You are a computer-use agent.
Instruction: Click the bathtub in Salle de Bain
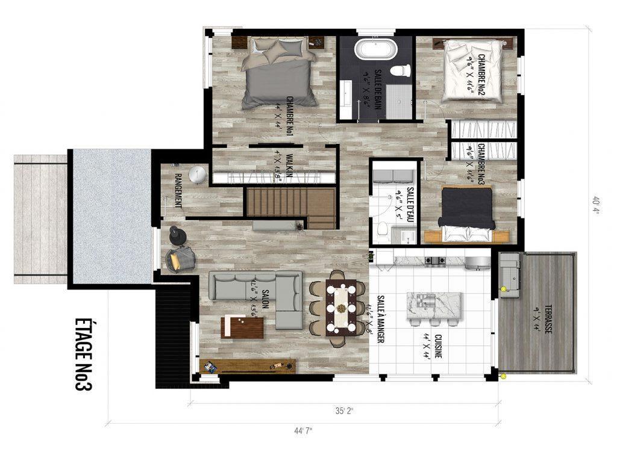[374, 49]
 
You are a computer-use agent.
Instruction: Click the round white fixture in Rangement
[198, 175]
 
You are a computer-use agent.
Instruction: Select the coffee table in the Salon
[242, 327]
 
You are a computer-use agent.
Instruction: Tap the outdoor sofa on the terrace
[509, 274]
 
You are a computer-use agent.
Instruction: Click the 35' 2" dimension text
[345, 411]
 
